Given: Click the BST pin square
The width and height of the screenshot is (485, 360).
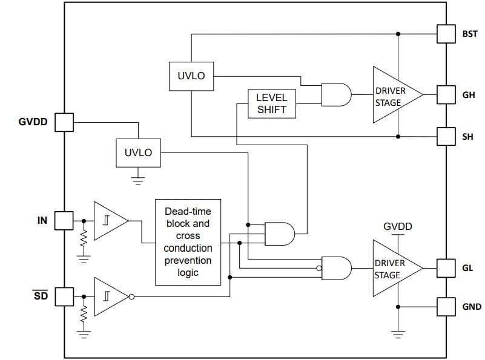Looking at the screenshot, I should click(x=446, y=34).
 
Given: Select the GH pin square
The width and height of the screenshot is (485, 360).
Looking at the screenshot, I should click(x=446, y=94).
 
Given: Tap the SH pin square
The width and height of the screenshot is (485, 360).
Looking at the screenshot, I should click(x=446, y=137).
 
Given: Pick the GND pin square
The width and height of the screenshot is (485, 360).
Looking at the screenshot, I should click(x=446, y=306).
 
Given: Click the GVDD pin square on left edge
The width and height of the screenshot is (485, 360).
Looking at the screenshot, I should click(x=64, y=122).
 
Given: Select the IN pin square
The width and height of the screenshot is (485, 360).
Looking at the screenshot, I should click(x=64, y=221).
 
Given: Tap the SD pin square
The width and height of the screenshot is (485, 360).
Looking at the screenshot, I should click(x=64, y=296).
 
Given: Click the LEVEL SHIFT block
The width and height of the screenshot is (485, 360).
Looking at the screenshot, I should click(x=271, y=103).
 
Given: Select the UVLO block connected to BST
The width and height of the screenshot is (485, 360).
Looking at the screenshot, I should click(x=191, y=76).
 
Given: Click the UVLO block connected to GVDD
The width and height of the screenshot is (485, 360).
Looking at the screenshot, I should click(x=138, y=152).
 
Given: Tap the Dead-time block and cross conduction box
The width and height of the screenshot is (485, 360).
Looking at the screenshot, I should click(x=188, y=241).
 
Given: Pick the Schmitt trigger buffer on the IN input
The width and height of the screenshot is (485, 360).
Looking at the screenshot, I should click(x=110, y=221).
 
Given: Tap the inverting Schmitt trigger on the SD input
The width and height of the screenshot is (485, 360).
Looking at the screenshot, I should click(x=111, y=296).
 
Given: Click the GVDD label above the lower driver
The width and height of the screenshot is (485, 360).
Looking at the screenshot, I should click(x=397, y=226).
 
